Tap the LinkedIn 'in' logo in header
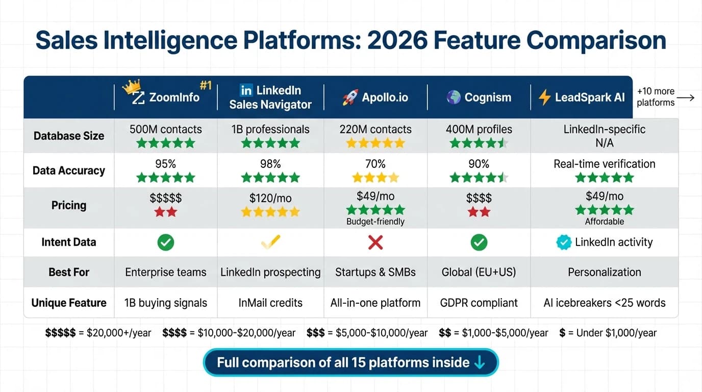click(x=246, y=90)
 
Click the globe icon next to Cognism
click(x=454, y=97)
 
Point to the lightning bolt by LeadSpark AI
click(x=544, y=97)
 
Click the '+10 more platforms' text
click(x=656, y=97)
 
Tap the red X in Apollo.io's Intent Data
click(x=375, y=242)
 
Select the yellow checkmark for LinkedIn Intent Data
click(x=270, y=242)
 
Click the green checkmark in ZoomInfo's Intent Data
click(x=166, y=242)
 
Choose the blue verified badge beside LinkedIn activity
click(x=564, y=242)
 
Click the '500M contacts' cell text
click(x=166, y=129)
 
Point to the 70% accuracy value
click(x=375, y=164)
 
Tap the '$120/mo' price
click(x=270, y=198)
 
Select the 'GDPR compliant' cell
click(x=479, y=303)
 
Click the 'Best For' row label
click(x=69, y=272)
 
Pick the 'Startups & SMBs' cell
click(x=375, y=272)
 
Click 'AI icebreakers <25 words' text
click(x=605, y=303)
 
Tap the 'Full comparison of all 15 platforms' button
click(x=350, y=362)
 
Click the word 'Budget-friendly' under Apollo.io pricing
click(x=375, y=222)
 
